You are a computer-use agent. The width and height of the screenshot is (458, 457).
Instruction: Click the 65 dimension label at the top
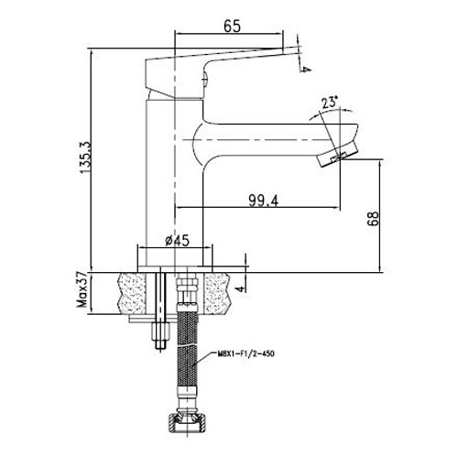(232, 27)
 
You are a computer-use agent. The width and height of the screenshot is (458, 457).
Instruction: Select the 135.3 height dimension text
(85, 158)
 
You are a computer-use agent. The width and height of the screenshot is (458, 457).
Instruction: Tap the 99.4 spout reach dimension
(264, 201)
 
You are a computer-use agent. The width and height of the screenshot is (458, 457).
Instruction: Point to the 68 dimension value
(373, 218)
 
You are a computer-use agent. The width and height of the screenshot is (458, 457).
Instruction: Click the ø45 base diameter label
(177, 241)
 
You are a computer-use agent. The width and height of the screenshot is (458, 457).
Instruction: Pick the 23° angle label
(330, 103)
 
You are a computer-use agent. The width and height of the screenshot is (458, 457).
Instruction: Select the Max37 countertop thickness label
(82, 290)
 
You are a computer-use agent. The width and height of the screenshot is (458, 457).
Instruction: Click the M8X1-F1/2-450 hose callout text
(245, 354)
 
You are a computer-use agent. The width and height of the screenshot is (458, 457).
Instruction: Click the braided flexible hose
(187, 348)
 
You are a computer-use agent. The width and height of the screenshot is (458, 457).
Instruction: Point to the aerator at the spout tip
(337, 155)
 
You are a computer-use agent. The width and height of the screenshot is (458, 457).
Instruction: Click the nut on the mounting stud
(161, 331)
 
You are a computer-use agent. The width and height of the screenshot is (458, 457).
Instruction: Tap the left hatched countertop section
(132, 293)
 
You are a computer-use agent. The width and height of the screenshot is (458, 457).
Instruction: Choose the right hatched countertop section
(217, 293)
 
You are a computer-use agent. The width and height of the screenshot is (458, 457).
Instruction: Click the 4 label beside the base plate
(241, 288)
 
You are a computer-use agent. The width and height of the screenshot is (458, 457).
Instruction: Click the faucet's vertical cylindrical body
(174, 183)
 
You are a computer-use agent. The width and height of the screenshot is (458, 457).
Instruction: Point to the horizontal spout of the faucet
(275, 140)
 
